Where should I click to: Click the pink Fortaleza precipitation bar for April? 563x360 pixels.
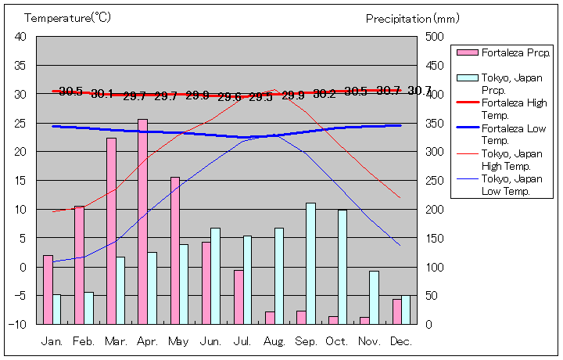click(142, 221)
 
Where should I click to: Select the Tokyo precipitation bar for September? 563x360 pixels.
click(310, 263)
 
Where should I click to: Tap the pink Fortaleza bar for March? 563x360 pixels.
click(111, 231)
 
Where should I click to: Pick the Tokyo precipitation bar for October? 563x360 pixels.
click(342, 266)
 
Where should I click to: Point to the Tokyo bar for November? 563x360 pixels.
click(375, 297)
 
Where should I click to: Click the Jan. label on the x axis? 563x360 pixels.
click(52, 341)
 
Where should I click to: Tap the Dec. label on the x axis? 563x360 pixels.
click(401, 341)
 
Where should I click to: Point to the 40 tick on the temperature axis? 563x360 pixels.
click(20, 37)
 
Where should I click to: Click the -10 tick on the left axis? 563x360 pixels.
click(19, 324)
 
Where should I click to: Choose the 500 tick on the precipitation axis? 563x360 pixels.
click(435, 37)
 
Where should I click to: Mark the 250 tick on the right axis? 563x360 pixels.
click(435, 181)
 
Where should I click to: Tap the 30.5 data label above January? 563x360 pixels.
click(70, 92)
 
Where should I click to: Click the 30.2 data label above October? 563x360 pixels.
click(325, 94)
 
